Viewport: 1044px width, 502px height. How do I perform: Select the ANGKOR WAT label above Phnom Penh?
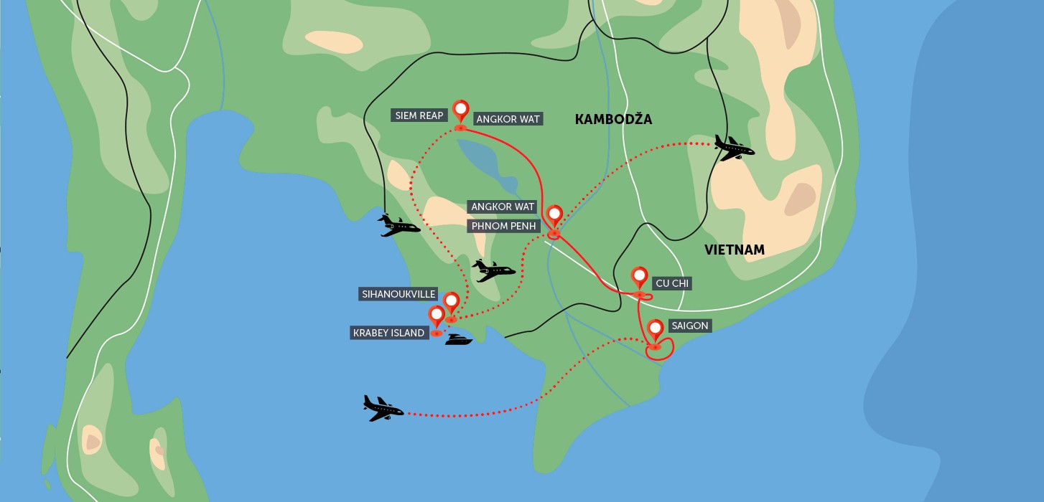pyautogui.click(x=503, y=207)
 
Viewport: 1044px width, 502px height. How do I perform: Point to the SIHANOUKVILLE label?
pyautogui.click(x=398, y=294)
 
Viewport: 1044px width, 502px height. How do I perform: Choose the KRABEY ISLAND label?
pyautogui.click(x=388, y=333)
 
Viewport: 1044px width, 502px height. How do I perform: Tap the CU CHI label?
pyautogui.click(x=671, y=283)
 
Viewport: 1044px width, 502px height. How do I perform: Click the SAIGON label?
pyautogui.click(x=689, y=326)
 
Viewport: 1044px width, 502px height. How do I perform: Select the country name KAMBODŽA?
pyautogui.click(x=613, y=120)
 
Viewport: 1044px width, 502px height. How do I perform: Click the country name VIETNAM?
pyautogui.click(x=734, y=250)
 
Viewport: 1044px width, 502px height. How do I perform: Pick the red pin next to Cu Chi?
pyautogui.click(x=639, y=278)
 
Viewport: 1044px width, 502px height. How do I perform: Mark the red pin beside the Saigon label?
pyautogui.click(x=655, y=330)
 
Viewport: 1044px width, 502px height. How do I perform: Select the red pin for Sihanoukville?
pyautogui.click(x=451, y=303)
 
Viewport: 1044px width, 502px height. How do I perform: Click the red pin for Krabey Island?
pyautogui.click(x=436, y=316)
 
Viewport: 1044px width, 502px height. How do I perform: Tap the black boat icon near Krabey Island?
pyautogui.click(x=458, y=339)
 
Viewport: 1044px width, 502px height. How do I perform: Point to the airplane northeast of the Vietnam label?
pyautogui.click(x=734, y=149)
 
